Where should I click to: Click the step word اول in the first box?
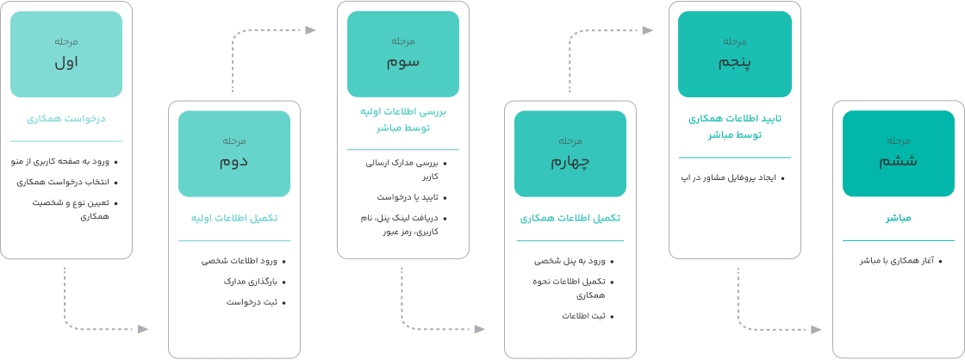[x=66, y=62]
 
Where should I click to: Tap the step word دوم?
[x=234, y=161]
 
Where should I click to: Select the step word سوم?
[x=403, y=62]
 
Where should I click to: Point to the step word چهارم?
[x=570, y=161]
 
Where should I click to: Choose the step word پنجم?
[x=735, y=62]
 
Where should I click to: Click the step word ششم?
[x=899, y=161]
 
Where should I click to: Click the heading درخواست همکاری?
[x=66, y=119]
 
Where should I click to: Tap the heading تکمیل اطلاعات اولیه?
[x=234, y=219]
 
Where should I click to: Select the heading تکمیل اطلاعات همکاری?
[x=570, y=219]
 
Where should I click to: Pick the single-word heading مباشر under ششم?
[x=899, y=219]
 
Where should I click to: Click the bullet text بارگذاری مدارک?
[x=253, y=281]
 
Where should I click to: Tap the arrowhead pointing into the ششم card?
[x=816, y=329]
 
